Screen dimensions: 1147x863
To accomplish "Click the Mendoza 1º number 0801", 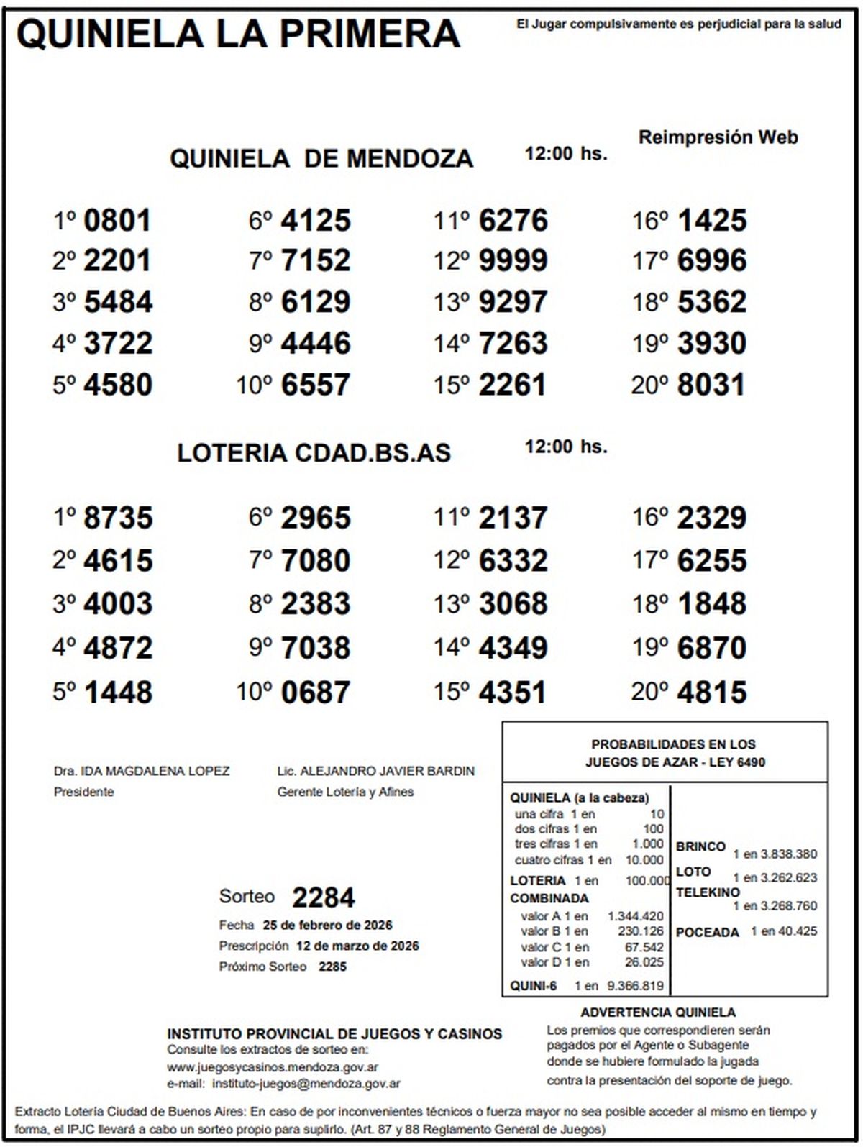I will coord(117,220).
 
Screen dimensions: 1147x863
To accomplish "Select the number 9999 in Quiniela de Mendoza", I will coord(513,260).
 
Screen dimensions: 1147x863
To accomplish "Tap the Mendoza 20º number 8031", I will coord(711,384).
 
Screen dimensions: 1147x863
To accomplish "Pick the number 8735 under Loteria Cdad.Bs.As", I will coord(118,518).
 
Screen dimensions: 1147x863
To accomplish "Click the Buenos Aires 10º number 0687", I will coord(315,692).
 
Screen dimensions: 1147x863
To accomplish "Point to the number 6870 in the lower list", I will coord(711,648).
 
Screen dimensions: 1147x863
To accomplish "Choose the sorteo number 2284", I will coord(323,897).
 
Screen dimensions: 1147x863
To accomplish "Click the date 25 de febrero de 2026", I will coord(327,925).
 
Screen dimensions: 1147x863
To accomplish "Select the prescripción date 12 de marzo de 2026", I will coord(357,946).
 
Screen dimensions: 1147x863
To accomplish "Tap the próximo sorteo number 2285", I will coord(332,967).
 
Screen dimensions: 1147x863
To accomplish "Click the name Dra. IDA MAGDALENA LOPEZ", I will coord(142,771).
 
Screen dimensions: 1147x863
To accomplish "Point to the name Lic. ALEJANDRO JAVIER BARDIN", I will coord(375,771).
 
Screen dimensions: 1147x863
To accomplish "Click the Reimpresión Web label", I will coord(718,137).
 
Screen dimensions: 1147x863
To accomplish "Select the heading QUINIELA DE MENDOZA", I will coord(321,158).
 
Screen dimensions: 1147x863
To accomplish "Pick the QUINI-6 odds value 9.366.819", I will coord(635,986).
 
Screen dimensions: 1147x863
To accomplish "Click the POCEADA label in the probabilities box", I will coord(707,932).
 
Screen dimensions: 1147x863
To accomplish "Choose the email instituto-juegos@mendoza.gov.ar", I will coord(306,1083).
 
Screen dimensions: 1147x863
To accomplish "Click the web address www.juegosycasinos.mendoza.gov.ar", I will coord(273,1067).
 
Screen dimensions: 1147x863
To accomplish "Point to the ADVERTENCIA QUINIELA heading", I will coord(658,1012).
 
